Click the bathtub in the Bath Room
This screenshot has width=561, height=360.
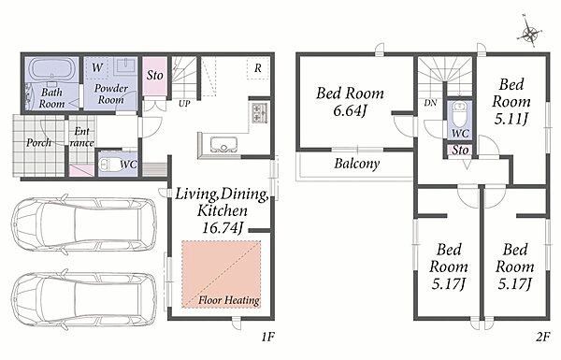(x=51, y=69)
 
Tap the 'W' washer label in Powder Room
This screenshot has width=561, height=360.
(x=97, y=67)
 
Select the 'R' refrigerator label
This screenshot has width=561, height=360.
(x=258, y=68)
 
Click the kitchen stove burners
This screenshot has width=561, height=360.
(x=260, y=113)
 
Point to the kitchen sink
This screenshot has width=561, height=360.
(x=223, y=145)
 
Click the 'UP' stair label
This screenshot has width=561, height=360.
(x=184, y=104)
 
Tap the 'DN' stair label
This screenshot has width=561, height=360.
(x=430, y=103)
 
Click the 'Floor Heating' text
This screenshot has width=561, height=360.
(x=229, y=300)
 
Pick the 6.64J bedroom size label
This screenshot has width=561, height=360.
(x=350, y=110)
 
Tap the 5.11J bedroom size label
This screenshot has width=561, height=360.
(x=511, y=119)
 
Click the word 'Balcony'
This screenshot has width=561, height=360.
(x=357, y=164)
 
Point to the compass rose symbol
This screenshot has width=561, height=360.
(x=529, y=33)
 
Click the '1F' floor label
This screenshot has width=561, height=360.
(x=267, y=337)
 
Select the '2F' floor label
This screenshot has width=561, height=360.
(x=542, y=337)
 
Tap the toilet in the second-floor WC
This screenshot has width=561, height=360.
(x=459, y=114)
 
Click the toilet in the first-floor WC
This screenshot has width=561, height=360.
(x=109, y=165)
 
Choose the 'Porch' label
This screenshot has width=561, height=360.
(x=39, y=143)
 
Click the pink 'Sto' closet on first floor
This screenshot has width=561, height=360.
(x=154, y=77)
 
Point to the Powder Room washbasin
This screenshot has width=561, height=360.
(x=124, y=66)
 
